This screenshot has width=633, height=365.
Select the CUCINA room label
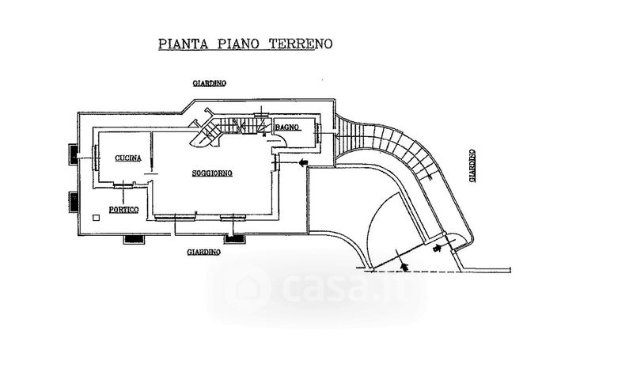click(127, 159)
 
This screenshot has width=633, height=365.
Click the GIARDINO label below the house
click(203, 253)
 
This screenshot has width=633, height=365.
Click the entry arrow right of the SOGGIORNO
click(303, 163)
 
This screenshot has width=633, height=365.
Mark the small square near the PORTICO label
click(96, 216)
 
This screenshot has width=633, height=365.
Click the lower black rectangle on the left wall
click(73, 201)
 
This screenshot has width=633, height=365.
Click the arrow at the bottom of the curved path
click(438, 248)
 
